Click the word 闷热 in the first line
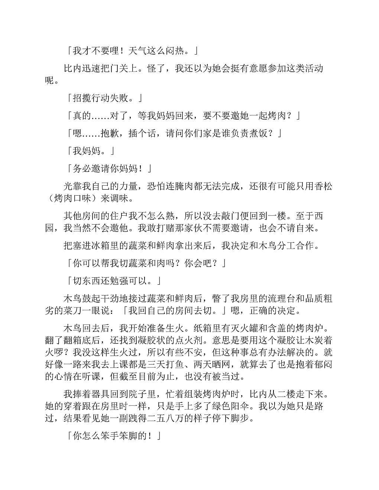click(175, 50)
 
